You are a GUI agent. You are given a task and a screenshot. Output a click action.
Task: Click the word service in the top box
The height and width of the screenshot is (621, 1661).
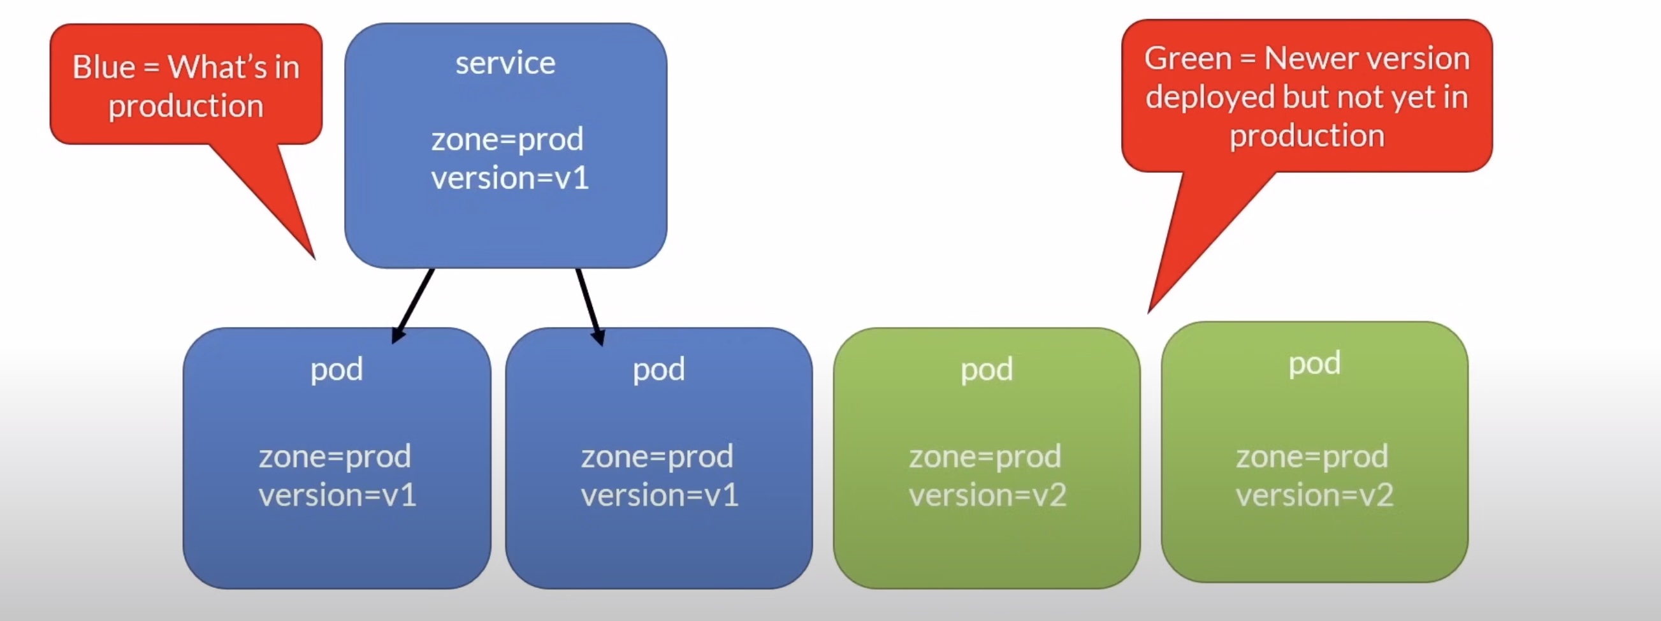[x=505, y=63]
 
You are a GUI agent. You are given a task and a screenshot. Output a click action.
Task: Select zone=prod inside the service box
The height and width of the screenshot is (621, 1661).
[x=507, y=139]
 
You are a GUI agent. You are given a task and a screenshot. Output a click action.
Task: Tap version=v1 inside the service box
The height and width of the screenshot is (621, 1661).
[x=509, y=178]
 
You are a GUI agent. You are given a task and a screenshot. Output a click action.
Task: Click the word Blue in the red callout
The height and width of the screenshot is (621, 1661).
[x=104, y=67]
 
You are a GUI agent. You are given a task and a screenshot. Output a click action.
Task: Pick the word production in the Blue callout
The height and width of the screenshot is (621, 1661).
[x=185, y=106]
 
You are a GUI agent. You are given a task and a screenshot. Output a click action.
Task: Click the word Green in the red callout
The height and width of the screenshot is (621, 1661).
[x=1187, y=59]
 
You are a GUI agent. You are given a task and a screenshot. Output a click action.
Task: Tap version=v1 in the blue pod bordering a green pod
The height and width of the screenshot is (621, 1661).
[x=659, y=495]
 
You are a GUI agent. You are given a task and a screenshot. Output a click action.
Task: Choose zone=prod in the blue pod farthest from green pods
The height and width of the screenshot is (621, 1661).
[x=335, y=457]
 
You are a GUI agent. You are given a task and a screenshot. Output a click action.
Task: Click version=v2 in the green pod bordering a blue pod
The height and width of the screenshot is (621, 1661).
[x=987, y=495]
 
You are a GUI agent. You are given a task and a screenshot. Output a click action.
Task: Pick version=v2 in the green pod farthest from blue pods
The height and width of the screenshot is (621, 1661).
[x=1314, y=495]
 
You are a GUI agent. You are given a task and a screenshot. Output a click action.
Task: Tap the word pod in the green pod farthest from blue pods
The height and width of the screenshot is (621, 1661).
[x=1314, y=363]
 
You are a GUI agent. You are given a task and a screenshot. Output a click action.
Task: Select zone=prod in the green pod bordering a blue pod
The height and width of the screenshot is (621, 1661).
[x=985, y=457]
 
